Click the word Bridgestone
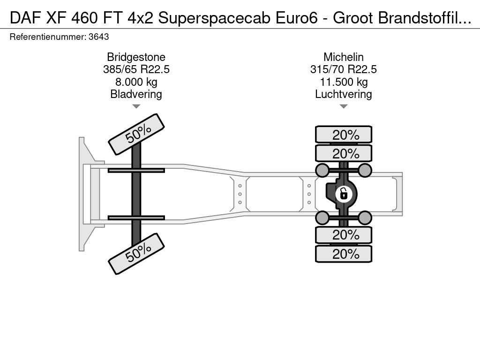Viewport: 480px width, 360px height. click(x=136, y=57)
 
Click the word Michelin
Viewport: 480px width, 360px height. click(x=344, y=57)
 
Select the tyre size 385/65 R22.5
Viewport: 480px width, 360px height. click(x=136, y=69)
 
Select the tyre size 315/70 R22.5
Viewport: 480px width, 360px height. click(x=344, y=69)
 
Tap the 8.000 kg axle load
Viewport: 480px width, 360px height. click(x=136, y=82)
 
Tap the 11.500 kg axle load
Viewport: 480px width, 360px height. click(x=344, y=82)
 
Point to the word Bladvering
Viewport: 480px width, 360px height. click(x=136, y=94)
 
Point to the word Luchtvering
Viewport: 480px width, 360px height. click(x=344, y=94)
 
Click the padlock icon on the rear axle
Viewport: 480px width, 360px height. click(x=344, y=194)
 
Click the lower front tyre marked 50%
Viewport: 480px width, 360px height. click(x=136, y=254)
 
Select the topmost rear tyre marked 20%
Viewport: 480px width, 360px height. click(x=344, y=135)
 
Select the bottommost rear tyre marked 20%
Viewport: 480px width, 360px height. click(x=344, y=254)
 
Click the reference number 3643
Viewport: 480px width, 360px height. click(x=98, y=37)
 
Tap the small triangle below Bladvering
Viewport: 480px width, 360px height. click(x=136, y=106)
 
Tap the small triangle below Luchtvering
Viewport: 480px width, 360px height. click(x=344, y=106)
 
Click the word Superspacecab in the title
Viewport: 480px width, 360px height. click(x=214, y=18)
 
